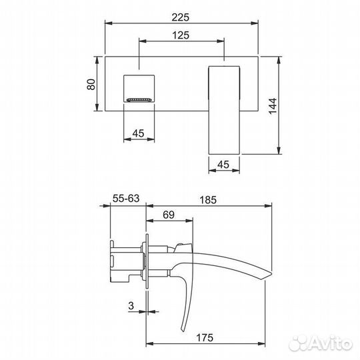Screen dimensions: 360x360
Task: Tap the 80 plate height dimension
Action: click(x=92, y=84)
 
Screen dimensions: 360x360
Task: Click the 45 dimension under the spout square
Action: click(x=139, y=133)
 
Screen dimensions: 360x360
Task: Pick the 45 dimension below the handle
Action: click(x=223, y=164)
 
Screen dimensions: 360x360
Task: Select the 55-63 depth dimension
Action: click(x=126, y=199)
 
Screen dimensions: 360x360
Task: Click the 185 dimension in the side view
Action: click(x=209, y=199)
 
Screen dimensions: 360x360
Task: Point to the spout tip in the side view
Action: click(x=268, y=274)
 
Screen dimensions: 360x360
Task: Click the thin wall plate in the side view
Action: click(x=145, y=260)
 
